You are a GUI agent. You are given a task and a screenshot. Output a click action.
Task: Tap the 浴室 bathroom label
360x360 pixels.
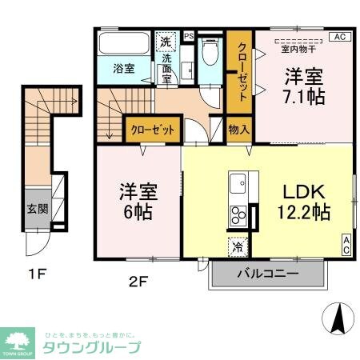(x=123, y=70)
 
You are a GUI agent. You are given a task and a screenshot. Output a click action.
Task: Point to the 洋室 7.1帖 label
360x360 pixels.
(x=306, y=88)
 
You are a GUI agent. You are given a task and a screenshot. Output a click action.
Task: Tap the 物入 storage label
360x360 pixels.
(x=238, y=128)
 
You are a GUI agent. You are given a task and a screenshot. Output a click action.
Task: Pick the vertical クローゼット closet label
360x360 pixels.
(x=240, y=70)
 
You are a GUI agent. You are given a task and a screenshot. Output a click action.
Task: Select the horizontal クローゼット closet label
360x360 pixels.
(x=153, y=129)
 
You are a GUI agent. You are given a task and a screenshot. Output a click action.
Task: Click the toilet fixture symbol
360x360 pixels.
(x=210, y=54)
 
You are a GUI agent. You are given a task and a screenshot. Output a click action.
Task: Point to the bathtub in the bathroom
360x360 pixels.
(x=122, y=43)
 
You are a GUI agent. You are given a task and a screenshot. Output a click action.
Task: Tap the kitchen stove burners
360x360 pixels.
(x=238, y=214)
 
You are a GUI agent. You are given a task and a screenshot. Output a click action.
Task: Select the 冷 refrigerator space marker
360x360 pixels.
(x=237, y=247)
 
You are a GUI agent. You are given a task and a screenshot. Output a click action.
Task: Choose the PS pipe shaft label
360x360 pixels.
(x=189, y=36)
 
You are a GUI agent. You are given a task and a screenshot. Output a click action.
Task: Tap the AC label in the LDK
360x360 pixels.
(x=347, y=243)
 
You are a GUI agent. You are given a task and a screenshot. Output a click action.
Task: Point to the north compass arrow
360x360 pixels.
(x=338, y=320)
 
